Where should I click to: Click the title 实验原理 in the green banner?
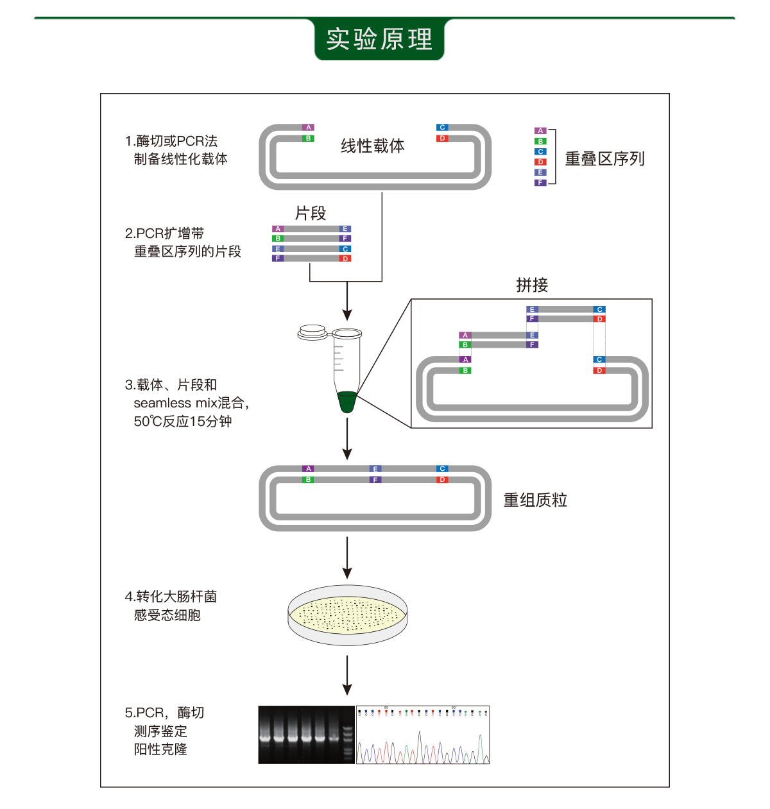pyautogui.click(x=379, y=39)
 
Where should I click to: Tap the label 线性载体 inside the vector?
pyautogui.click(x=372, y=146)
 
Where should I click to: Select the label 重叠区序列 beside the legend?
pyautogui.click(x=604, y=158)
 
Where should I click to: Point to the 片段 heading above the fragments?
pyautogui.click(x=311, y=213)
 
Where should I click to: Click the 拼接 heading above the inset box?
pyautogui.click(x=532, y=285)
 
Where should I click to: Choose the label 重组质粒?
pyautogui.click(x=535, y=500)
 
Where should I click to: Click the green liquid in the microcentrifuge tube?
pyautogui.click(x=346, y=402)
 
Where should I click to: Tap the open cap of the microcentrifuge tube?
pyautogui.click(x=312, y=332)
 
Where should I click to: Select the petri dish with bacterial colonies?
pyautogui.click(x=347, y=615)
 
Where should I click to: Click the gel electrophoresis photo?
pyautogui.click(x=306, y=735)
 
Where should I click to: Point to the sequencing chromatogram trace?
pyautogui.click(x=423, y=735)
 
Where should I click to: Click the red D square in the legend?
pyautogui.click(x=540, y=162)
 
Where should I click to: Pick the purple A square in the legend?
pyautogui.click(x=540, y=131)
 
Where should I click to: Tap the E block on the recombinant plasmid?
pyautogui.click(x=375, y=469)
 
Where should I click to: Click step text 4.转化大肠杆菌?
pyautogui.click(x=171, y=597)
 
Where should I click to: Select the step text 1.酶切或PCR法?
pyautogui.click(x=171, y=141)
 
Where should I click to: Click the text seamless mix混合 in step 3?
pyautogui.click(x=189, y=403)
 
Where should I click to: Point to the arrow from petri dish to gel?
pyautogui.click(x=347, y=674)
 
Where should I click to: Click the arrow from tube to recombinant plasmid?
pyautogui.click(x=347, y=438)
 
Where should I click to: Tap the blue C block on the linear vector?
pyautogui.click(x=442, y=128)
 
